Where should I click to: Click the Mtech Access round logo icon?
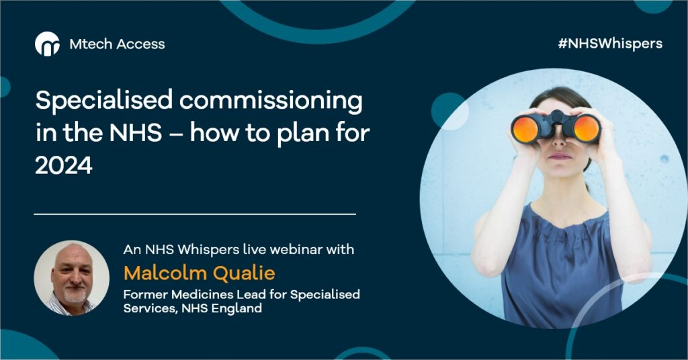[x=48, y=44]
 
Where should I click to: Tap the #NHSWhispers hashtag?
[x=610, y=44]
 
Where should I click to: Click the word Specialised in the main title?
[x=104, y=101]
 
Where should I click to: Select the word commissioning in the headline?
[x=271, y=101]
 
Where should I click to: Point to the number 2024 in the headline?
[x=64, y=166]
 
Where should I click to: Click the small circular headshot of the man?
[x=71, y=277]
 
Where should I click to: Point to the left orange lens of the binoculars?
[x=525, y=129]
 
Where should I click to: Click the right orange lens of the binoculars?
[x=587, y=128]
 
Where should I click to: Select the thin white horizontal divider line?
[x=195, y=214]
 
